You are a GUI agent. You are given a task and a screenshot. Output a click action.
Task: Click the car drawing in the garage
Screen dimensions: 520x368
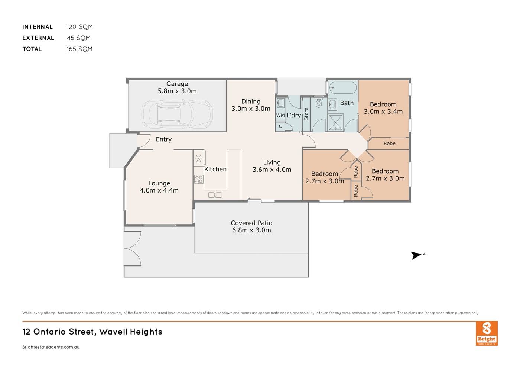click(177, 114)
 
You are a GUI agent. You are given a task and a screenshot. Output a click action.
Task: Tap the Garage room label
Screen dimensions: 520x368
click(177, 84)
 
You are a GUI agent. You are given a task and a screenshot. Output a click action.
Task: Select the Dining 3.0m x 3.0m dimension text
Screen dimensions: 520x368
click(251, 109)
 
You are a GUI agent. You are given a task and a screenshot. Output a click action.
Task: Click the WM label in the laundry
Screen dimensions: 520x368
click(280, 115)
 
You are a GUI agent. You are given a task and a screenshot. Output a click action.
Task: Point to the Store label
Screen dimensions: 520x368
click(306, 114)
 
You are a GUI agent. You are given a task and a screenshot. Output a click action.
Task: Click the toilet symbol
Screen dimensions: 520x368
click(319, 103)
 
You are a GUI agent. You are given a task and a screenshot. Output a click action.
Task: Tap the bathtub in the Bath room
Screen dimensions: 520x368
click(343, 88)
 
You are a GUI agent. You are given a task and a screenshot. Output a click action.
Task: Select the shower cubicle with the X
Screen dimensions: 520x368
click(335, 122)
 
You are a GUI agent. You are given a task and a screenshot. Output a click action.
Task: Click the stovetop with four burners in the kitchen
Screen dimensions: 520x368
click(199, 179)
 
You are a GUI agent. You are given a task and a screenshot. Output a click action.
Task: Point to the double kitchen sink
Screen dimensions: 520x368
click(215, 195)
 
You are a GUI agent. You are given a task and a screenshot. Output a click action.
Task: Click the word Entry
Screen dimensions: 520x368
click(164, 139)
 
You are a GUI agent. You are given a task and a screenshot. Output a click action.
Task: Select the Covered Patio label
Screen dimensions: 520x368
click(251, 223)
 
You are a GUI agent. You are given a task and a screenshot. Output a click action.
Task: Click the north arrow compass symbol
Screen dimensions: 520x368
click(416, 255)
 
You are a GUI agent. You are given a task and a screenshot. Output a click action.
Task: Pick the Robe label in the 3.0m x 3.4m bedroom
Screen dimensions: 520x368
click(390, 143)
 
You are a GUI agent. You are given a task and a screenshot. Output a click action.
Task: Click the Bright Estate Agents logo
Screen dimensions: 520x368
click(487, 333)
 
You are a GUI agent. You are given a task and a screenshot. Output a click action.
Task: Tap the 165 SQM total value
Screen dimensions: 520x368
click(79, 49)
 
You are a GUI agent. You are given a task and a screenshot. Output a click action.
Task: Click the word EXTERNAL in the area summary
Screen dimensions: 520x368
click(38, 38)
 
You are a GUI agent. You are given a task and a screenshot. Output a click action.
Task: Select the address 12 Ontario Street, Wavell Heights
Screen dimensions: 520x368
click(92, 332)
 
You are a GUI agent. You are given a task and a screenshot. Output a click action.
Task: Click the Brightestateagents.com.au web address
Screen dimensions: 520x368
click(51, 347)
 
